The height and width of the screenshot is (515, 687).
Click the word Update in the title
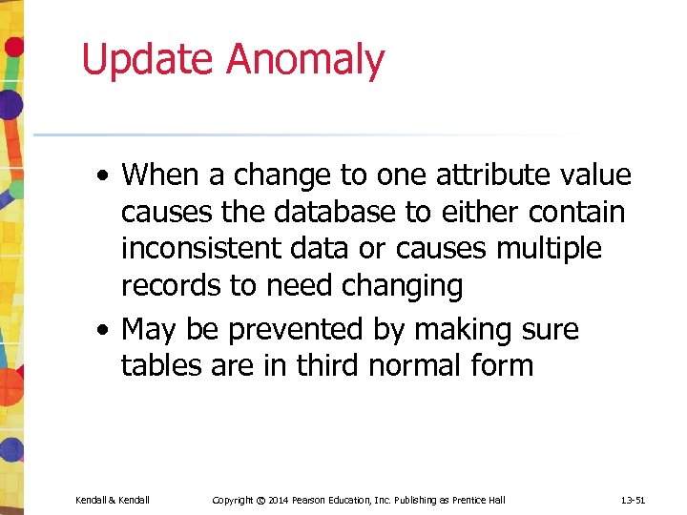(148, 61)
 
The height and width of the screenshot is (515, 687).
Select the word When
(161, 175)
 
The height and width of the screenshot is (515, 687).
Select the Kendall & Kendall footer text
(113, 501)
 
